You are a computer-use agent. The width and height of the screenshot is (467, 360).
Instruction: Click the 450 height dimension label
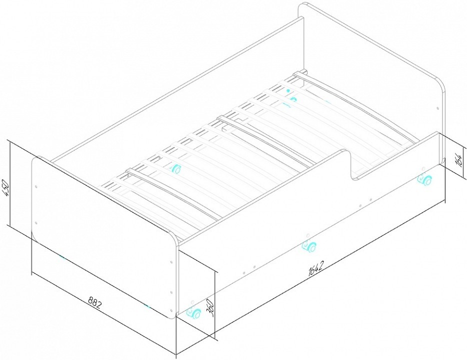[x=6, y=188]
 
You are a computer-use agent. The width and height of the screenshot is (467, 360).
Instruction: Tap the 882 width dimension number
[x=95, y=303]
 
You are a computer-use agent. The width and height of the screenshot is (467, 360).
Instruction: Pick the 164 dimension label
[x=459, y=161]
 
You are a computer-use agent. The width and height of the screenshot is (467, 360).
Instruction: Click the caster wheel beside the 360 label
[x=193, y=312]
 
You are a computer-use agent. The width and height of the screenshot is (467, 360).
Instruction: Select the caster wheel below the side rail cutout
[x=424, y=179]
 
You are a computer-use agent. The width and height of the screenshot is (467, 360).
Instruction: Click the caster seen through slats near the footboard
[x=175, y=169]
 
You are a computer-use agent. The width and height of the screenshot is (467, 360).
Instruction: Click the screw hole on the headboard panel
[x=437, y=108]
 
